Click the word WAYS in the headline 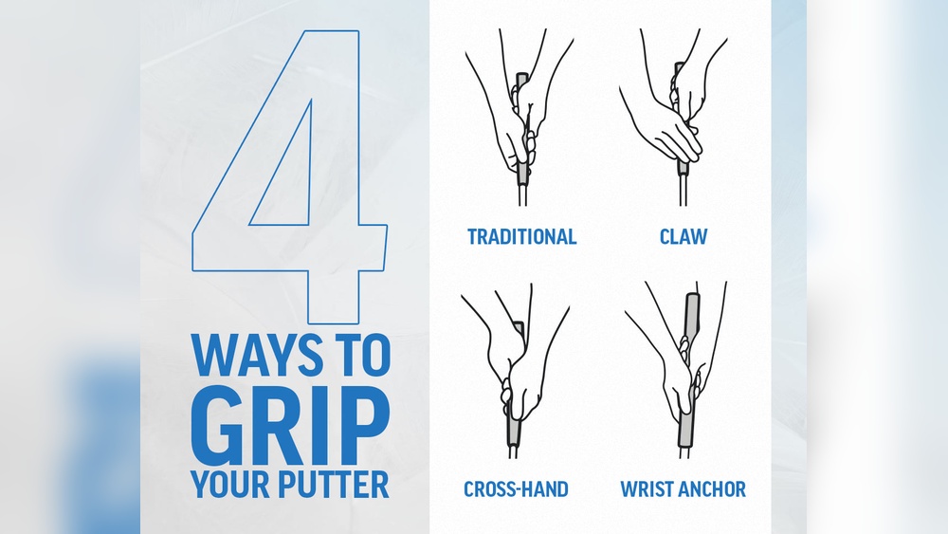[x=249, y=355]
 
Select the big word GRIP [x=290, y=421]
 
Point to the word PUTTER [x=337, y=484]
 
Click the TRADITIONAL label [x=521, y=236]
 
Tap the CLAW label [x=684, y=236]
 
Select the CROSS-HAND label [x=516, y=489]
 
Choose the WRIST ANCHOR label [x=683, y=489]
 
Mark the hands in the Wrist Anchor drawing [x=680, y=375]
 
